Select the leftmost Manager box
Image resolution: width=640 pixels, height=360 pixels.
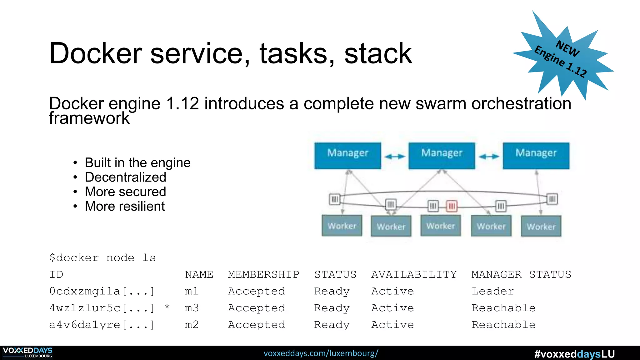click(x=347, y=156)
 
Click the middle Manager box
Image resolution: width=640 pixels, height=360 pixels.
click(x=442, y=156)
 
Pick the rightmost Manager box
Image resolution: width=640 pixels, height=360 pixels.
click(x=536, y=156)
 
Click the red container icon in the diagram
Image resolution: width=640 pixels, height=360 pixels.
click(x=452, y=206)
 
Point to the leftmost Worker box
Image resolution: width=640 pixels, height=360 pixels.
click(x=342, y=226)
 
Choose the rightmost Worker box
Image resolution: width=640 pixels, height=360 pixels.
click(x=541, y=226)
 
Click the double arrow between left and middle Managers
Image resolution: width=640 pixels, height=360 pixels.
click(x=395, y=156)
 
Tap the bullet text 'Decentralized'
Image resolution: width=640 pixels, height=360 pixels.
click(x=126, y=177)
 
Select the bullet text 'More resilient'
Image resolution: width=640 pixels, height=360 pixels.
click(x=125, y=206)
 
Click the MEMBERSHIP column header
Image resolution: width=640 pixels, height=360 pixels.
click(x=263, y=274)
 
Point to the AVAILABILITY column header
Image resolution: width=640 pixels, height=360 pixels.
click(x=414, y=274)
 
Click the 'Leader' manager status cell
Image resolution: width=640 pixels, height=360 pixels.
click(x=492, y=291)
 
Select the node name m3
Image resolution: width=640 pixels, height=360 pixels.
click(x=192, y=308)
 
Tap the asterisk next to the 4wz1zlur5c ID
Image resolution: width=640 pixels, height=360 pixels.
click(x=167, y=307)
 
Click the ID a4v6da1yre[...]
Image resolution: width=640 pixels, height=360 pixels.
click(x=102, y=325)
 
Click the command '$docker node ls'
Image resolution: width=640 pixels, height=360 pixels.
click(x=102, y=258)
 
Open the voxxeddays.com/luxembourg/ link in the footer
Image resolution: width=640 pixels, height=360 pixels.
click(x=321, y=353)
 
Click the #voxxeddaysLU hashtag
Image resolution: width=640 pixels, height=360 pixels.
click(x=574, y=354)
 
